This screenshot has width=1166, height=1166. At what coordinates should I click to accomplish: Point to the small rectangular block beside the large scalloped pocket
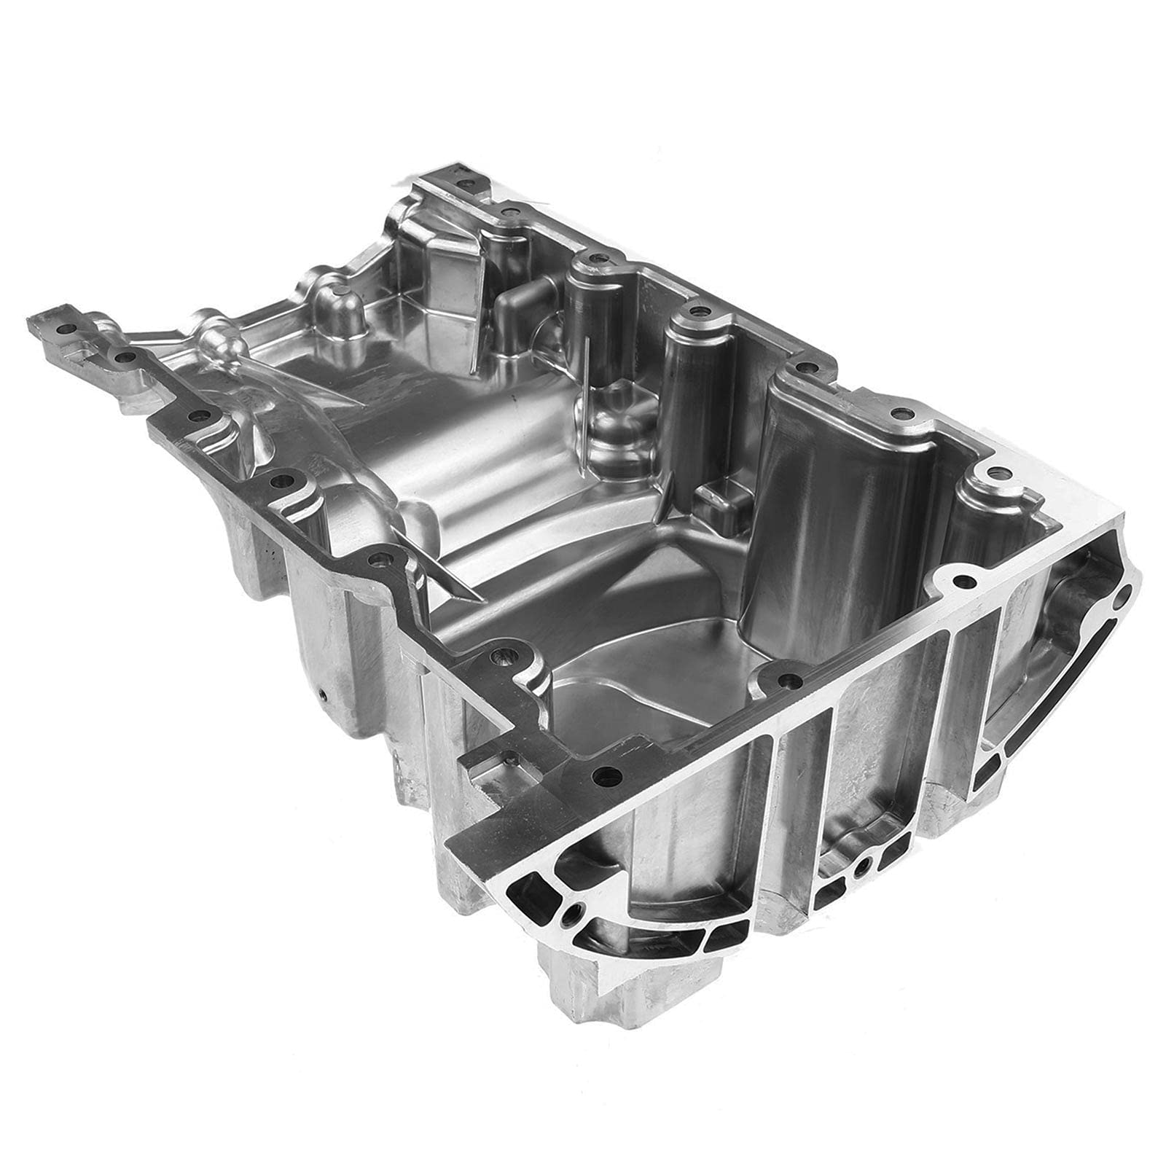[715, 502]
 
